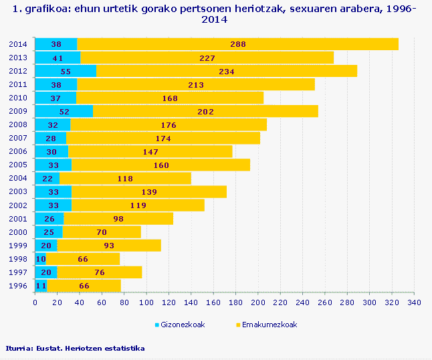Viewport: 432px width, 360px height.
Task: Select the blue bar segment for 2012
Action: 65,71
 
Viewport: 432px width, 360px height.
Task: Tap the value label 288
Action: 238,44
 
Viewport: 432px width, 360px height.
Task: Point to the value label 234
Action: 226,71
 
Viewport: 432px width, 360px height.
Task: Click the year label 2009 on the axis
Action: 18,111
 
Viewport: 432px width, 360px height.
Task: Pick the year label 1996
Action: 18,286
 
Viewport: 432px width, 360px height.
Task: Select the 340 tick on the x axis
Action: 415,303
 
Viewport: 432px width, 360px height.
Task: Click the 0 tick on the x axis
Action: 35,303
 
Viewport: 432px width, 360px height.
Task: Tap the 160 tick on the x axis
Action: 213,303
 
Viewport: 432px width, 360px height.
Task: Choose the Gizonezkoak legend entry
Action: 180,325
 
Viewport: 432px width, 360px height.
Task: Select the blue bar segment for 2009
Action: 64,111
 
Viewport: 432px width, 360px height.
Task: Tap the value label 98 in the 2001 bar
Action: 118,219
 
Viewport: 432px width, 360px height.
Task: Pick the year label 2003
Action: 18,191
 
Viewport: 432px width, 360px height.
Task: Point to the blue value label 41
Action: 58,58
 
